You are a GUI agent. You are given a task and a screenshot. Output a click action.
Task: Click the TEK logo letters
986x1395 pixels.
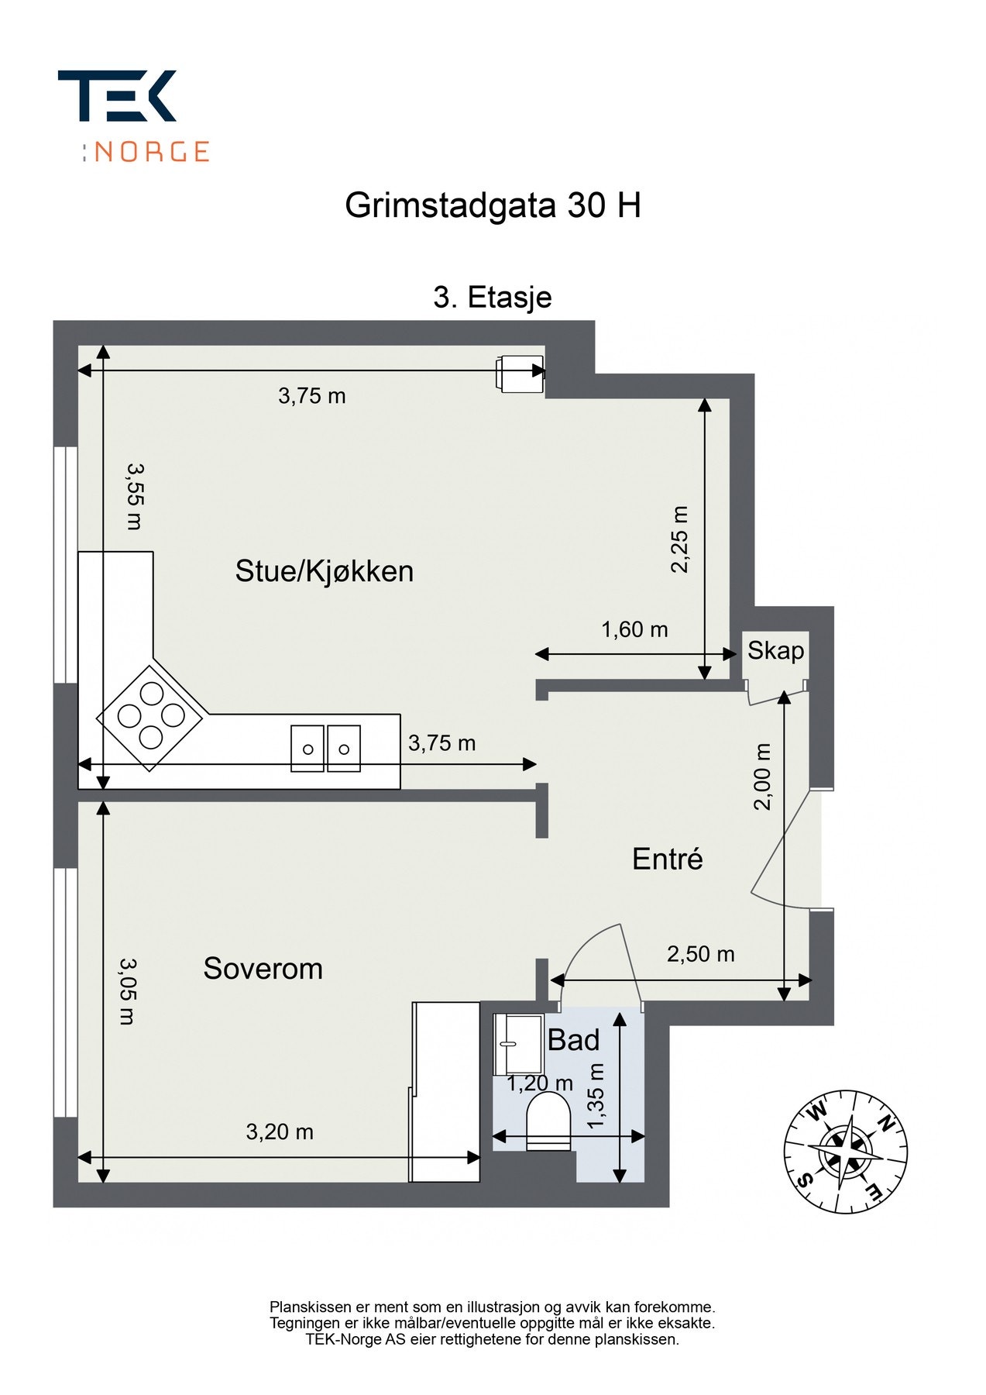pos(117,96)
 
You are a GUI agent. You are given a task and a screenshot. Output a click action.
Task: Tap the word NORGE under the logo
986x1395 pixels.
pos(152,151)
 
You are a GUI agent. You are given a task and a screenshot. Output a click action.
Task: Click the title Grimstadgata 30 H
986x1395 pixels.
pos(493,206)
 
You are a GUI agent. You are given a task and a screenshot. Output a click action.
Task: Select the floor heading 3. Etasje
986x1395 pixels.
pos(493,298)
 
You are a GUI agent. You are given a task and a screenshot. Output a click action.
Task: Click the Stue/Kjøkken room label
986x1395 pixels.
pos(324,572)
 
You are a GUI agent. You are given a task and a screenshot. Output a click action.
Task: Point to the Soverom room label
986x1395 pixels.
pos(263,969)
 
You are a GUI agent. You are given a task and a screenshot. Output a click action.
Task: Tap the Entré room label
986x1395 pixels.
pos(667,859)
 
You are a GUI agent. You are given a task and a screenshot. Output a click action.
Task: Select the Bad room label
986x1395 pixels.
pos(573,1040)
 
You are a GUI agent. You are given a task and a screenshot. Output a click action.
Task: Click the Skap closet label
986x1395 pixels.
pos(775,651)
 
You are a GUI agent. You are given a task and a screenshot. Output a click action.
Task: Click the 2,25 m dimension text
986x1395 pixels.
pos(679,539)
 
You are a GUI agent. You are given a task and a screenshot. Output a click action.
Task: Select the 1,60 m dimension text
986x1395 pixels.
pos(634,630)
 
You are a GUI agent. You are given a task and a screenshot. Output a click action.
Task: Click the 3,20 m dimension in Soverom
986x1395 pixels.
pos(280,1132)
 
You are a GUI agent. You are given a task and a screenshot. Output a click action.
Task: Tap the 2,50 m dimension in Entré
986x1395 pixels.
pos(700,955)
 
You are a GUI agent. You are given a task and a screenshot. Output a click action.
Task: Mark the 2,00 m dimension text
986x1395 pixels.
pos(764,777)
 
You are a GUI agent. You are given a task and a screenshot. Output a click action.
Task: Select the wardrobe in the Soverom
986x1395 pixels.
pos(445,1091)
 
